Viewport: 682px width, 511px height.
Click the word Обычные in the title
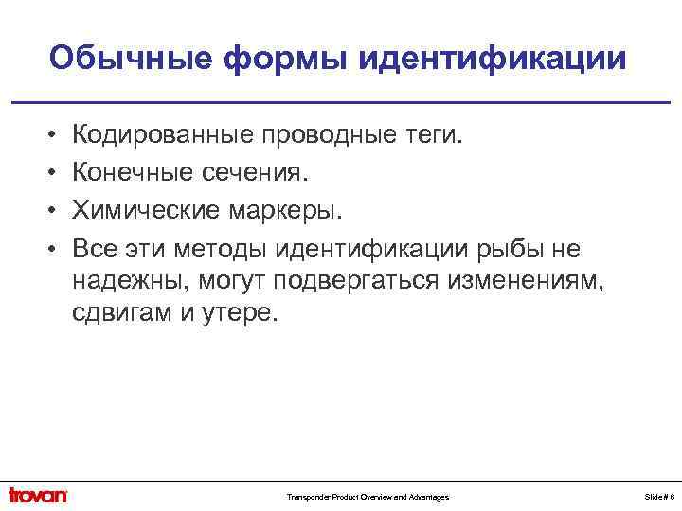(x=130, y=59)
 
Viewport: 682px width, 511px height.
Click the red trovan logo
(x=38, y=495)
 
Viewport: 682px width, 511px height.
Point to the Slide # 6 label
(x=660, y=497)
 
